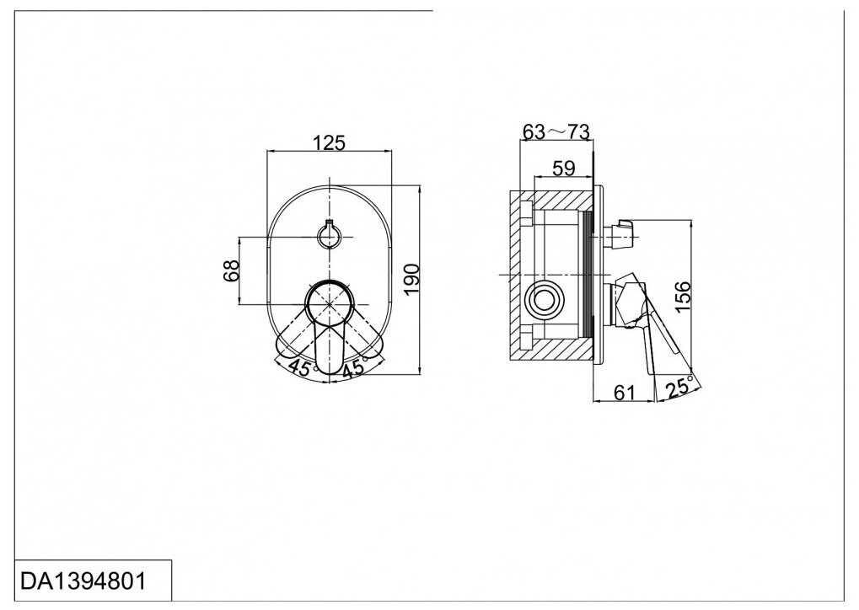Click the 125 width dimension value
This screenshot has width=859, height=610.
[330, 143]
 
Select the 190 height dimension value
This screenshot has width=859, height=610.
[411, 279]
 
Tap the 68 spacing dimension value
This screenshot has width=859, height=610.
[232, 270]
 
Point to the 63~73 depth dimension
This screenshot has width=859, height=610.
[556, 131]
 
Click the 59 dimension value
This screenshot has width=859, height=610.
[563, 169]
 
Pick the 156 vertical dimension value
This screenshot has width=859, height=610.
[683, 297]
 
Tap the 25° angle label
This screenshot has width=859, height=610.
[679, 387]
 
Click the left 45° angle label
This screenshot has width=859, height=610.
[301, 367]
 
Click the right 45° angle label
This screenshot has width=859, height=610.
[354, 367]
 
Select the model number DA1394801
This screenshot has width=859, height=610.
[83, 581]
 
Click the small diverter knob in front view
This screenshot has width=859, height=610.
[329, 236]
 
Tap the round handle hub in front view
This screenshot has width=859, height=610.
[329, 304]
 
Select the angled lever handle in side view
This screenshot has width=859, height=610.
[660, 329]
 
